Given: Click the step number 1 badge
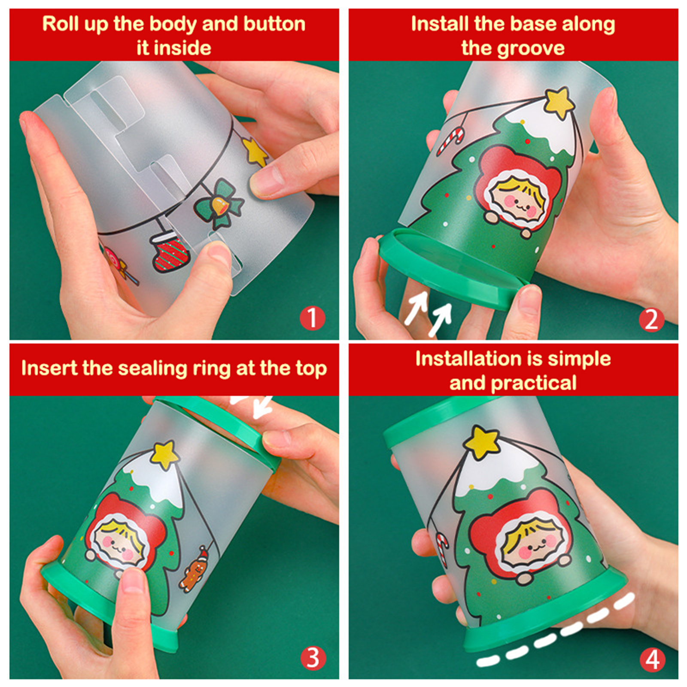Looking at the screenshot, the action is [x=313, y=318].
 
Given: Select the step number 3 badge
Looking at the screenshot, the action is [x=313, y=658].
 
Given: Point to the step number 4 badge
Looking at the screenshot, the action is [x=653, y=660].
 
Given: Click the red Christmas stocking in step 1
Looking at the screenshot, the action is [x=170, y=252].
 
